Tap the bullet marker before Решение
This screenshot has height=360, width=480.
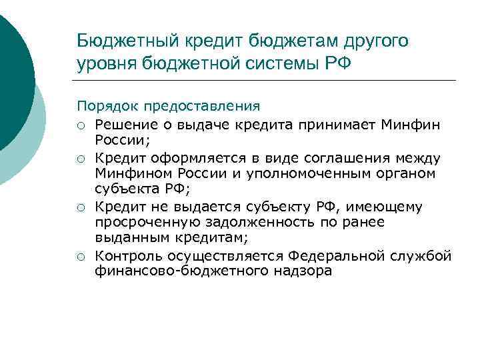(81, 124)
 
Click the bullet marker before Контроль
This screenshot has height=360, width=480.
(81, 257)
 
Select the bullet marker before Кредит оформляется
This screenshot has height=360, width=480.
(81, 159)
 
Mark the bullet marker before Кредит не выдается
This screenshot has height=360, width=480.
(81, 208)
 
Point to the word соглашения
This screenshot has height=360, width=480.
(351, 158)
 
